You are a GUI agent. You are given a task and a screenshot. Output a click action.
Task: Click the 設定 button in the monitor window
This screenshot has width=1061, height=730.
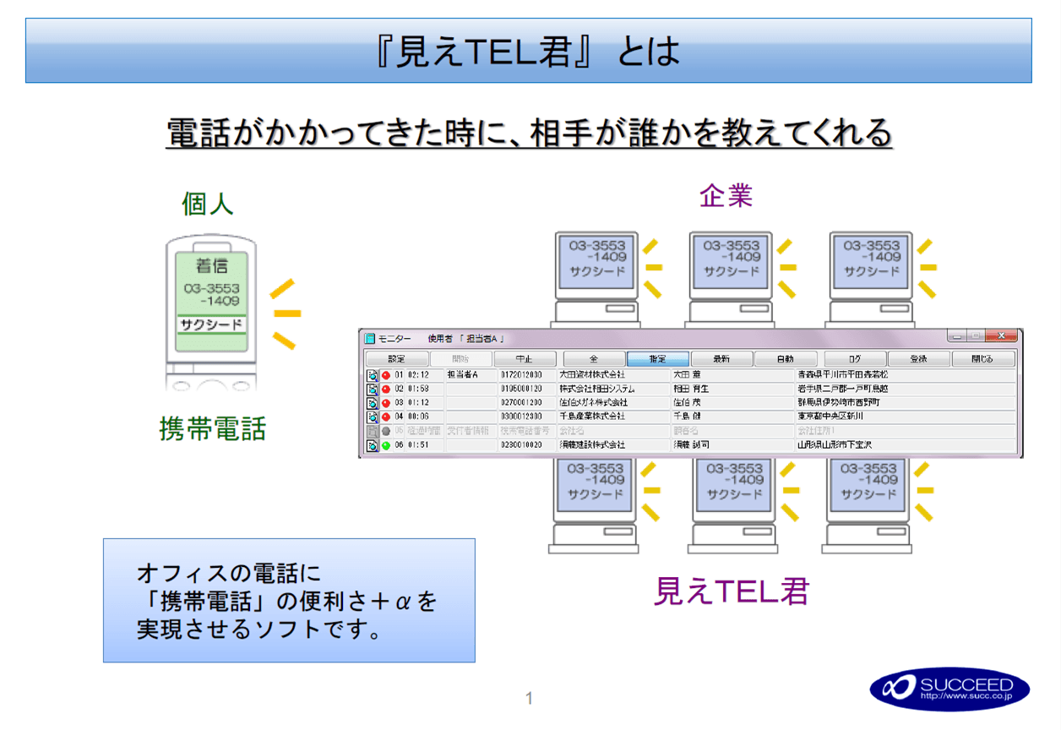pyautogui.click(x=396, y=359)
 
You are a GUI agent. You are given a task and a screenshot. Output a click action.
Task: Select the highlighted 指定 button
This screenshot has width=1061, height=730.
pyautogui.click(x=657, y=359)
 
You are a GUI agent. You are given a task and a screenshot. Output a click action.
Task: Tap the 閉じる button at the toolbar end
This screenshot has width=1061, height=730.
pyautogui.click(x=982, y=359)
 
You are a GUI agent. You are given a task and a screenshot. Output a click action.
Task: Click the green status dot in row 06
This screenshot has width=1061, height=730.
pyautogui.click(x=386, y=444)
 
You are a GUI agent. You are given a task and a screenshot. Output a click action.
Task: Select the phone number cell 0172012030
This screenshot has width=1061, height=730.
pyautogui.click(x=521, y=374)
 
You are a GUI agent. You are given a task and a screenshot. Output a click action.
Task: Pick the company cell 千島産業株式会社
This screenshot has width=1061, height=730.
pyautogui.click(x=592, y=416)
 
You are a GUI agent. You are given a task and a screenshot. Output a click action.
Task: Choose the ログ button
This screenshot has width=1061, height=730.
pyautogui.click(x=855, y=359)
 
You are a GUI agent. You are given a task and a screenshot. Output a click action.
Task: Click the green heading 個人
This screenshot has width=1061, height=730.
pyautogui.click(x=208, y=204)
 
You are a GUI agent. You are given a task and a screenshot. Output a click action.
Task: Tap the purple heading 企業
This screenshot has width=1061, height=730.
pyautogui.click(x=726, y=196)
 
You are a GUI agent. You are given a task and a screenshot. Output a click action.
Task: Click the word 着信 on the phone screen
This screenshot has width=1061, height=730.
pyautogui.click(x=212, y=266)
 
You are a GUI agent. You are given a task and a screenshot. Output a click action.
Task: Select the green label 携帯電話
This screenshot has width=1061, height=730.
pyautogui.click(x=212, y=428)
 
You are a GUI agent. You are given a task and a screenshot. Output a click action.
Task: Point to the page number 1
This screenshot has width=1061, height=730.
pyautogui.click(x=529, y=698)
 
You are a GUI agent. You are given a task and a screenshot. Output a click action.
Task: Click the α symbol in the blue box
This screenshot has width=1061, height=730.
pyautogui.click(x=403, y=602)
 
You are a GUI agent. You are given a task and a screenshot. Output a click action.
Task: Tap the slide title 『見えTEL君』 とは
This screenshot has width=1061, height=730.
pyautogui.click(x=528, y=52)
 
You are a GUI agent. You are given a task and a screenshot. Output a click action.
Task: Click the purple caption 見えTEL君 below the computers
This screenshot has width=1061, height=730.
pyautogui.click(x=732, y=591)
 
